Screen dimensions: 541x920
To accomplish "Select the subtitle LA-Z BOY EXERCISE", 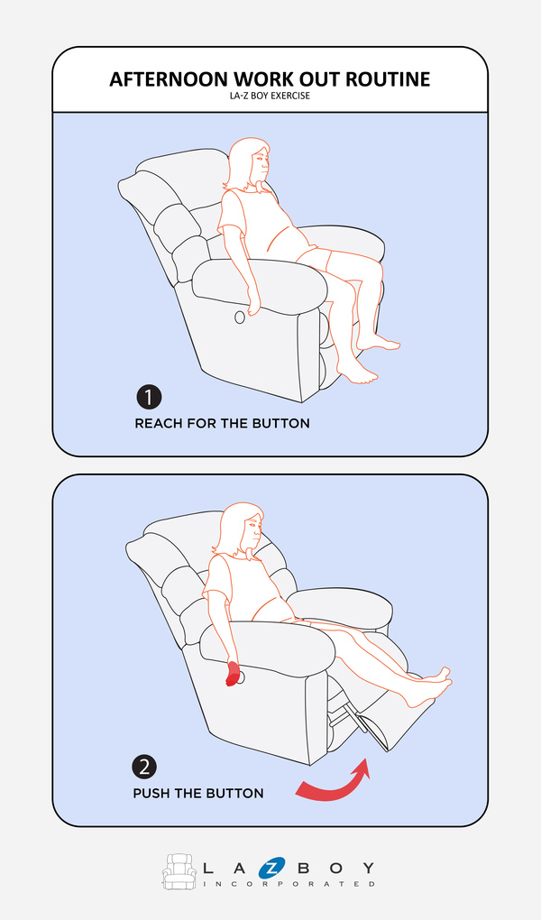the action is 270,96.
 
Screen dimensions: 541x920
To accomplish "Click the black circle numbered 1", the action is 149,397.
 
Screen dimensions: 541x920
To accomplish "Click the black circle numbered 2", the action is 144,767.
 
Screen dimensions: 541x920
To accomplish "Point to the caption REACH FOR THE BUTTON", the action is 223,424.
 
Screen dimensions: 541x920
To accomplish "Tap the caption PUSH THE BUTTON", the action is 198,793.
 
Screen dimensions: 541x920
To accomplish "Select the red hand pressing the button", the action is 234,674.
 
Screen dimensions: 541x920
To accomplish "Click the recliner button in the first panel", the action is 240,317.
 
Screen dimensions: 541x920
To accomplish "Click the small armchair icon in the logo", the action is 179,871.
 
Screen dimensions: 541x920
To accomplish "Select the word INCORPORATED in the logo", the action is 289,884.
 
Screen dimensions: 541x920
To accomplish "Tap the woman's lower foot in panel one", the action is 357,372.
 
